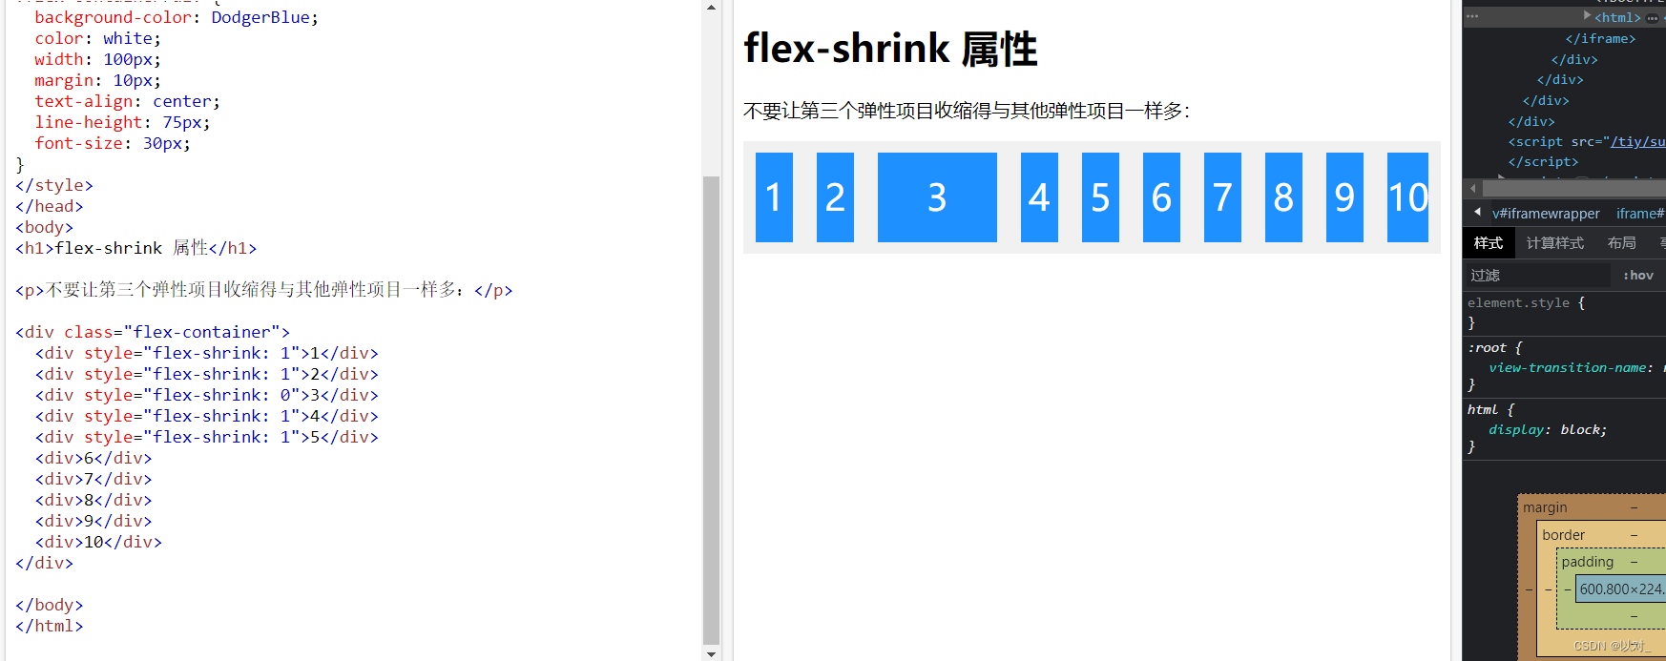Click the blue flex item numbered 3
(x=937, y=197)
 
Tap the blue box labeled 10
(x=1407, y=197)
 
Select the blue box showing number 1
(x=774, y=197)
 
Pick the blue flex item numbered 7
(x=1222, y=197)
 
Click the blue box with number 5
(x=1100, y=197)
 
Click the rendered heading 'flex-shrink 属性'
(x=890, y=49)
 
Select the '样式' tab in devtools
(x=1488, y=243)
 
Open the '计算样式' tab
(x=1554, y=243)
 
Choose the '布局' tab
(x=1621, y=243)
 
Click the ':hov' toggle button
(x=1638, y=276)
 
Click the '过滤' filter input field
(x=1536, y=276)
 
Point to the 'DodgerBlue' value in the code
(x=260, y=17)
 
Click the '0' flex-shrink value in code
(x=285, y=395)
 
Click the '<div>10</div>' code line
(x=98, y=542)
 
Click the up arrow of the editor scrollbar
(x=711, y=8)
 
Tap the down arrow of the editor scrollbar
(x=711, y=653)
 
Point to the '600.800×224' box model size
(x=1620, y=589)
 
